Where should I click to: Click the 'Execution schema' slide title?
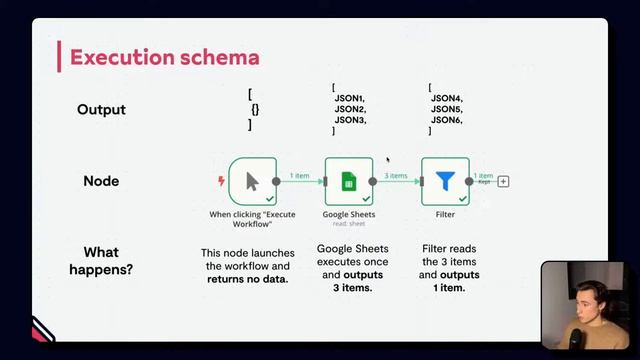(164, 57)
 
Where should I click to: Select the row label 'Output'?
(101, 109)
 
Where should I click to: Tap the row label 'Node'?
(101, 181)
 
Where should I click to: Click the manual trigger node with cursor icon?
(252, 181)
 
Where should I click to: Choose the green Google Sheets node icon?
(348, 181)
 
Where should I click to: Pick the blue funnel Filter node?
(445, 181)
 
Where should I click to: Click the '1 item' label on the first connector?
(300, 176)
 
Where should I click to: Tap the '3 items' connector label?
(396, 176)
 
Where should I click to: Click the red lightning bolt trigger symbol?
(221, 181)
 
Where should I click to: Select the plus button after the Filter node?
(503, 181)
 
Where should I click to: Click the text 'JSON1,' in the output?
(350, 98)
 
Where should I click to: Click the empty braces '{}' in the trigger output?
(255, 109)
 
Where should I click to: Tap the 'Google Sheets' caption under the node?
(348, 214)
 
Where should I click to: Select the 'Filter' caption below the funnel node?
(445, 214)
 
